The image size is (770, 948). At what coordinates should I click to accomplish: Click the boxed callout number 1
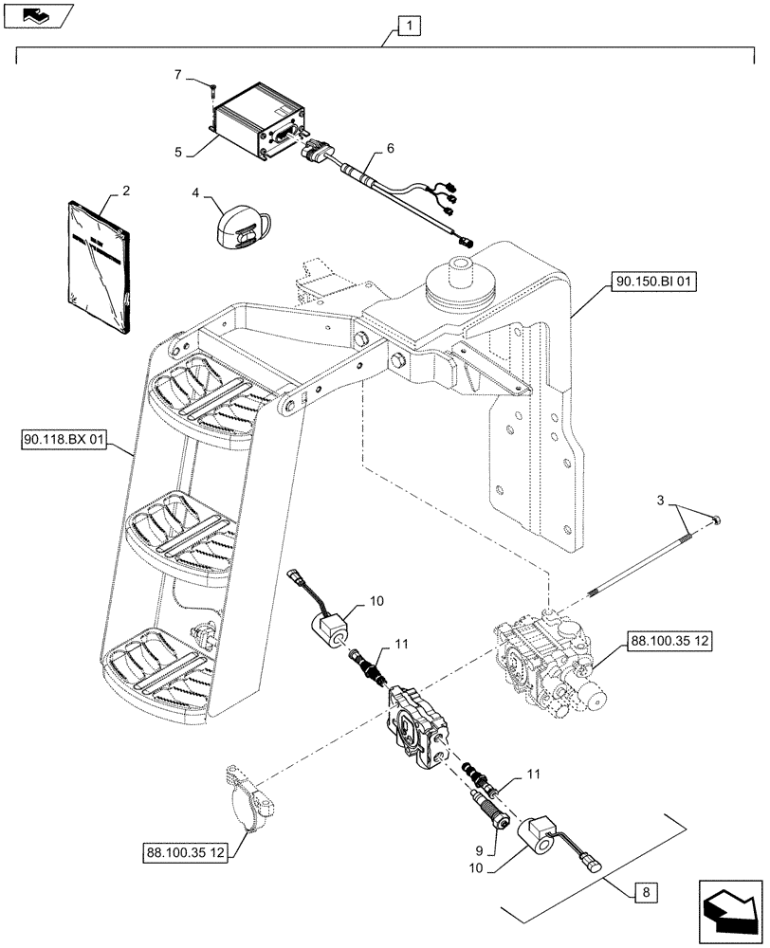click(x=406, y=26)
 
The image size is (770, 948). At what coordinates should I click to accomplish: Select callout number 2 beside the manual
click(x=126, y=191)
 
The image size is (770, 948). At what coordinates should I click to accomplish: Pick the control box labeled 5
click(x=254, y=125)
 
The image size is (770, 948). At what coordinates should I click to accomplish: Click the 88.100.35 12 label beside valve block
click(x=669, y=643)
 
